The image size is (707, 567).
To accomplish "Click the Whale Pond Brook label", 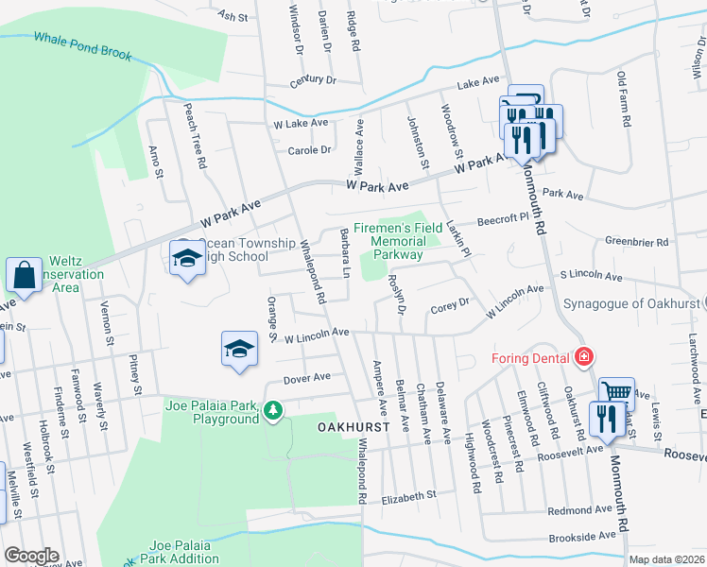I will point(83,46).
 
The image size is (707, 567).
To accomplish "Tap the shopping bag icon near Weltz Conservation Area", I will point(23,275).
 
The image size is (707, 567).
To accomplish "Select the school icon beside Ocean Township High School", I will point(187,257).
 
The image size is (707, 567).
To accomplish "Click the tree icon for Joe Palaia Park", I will point(272,410).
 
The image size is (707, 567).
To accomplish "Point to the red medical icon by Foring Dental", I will point(584,356).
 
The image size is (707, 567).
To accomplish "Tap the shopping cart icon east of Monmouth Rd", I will point(616,389).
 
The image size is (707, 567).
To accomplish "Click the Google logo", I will point(31,556).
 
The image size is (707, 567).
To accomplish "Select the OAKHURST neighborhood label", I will point(347,428).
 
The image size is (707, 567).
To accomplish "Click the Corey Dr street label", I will point(450,304).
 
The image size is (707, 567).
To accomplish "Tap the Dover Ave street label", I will point(308,377).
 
